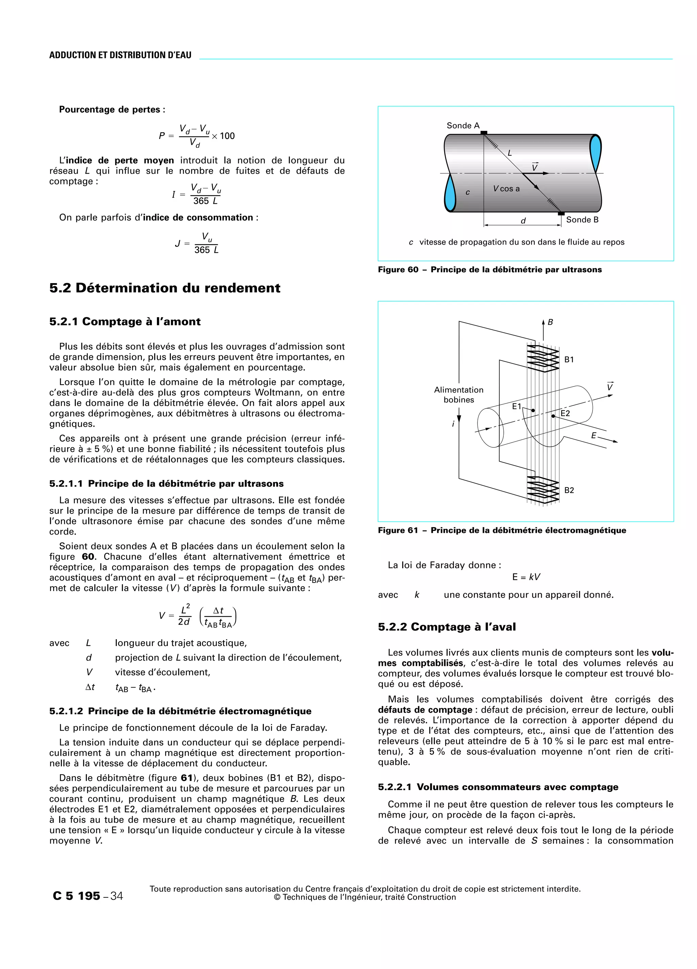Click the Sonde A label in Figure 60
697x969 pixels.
[x=463, y=126]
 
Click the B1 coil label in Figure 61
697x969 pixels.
[x=569, y=360]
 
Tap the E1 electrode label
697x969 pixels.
[x=517, y=406]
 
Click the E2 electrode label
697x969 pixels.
[x=565, y=413]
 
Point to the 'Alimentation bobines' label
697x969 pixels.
[x=458, y=395]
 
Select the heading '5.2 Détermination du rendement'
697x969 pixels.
[x=165, y=288]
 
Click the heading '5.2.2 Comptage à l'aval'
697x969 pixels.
[x=447, y=627]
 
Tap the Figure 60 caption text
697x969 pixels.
[x=489, y=270]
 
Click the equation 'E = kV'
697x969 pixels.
[x=526, y=577]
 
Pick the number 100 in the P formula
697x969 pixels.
[x=227, y=136]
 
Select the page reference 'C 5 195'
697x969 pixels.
[x=76, y=896]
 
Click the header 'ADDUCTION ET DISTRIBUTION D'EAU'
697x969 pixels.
[x=120, y=55]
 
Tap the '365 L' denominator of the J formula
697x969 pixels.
[x=206, y=250]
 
